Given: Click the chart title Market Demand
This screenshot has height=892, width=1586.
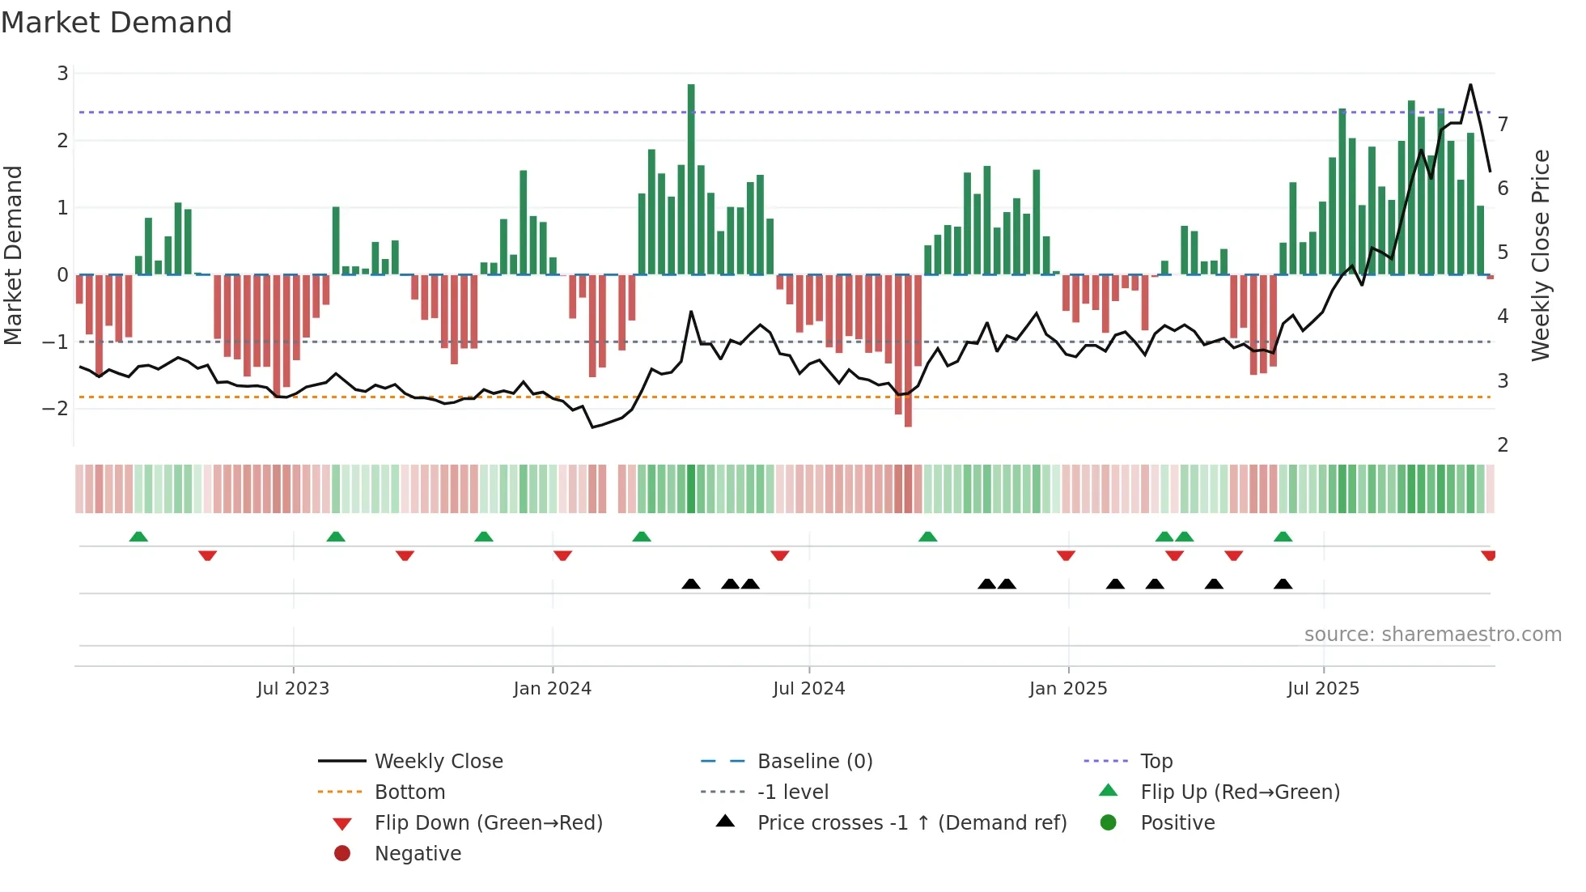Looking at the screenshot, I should click(x=117, y=23).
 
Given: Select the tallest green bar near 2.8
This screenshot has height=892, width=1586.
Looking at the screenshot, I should click(x=691, y=178).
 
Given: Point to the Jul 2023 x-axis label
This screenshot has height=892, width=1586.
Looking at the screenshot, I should click(x=293, y=689).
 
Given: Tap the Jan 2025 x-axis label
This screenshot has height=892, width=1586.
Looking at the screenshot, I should click(x=1068, y=689).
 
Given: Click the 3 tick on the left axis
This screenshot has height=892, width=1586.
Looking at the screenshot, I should click(x=62, y=74).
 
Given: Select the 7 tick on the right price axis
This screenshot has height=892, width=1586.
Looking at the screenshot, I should click(x=1503, y=125).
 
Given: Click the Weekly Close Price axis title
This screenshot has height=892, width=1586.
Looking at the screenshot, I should click(x=1541, y=255).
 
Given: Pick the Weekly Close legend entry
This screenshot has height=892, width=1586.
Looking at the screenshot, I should click(x=438, y=762).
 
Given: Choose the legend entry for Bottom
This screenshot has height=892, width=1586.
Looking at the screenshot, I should click(x=409, y=792).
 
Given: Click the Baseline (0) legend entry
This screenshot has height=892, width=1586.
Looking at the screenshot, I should click(x=814, y=762).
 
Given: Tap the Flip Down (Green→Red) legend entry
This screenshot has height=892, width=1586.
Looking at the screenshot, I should click(x=488, y=823).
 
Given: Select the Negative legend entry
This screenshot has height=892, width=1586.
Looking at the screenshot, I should click(x=418, y=854).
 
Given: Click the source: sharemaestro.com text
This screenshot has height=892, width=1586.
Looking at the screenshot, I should click(x=1432, y=635).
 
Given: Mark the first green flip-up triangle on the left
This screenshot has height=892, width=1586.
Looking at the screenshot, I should click(x=138, y=537).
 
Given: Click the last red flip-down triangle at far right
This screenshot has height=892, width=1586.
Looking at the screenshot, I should click(x=1488, y=555).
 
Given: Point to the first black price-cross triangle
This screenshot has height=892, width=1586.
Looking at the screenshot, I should click(x=691, y=584).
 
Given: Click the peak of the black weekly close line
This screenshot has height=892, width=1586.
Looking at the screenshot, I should click(x=1470, y=85).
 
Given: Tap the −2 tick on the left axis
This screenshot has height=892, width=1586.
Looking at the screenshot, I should click(x=56, y=409).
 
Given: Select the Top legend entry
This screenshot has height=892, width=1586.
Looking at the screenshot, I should click(x=1156, y=762).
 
